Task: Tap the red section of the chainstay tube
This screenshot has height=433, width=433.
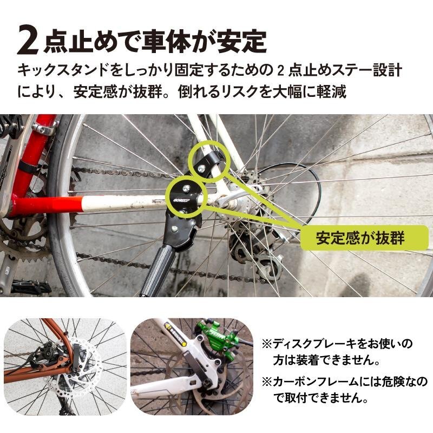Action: pos(46,205)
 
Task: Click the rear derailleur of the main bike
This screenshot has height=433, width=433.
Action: pos(254,254)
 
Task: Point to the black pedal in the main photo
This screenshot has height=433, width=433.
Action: pos(30,286)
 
